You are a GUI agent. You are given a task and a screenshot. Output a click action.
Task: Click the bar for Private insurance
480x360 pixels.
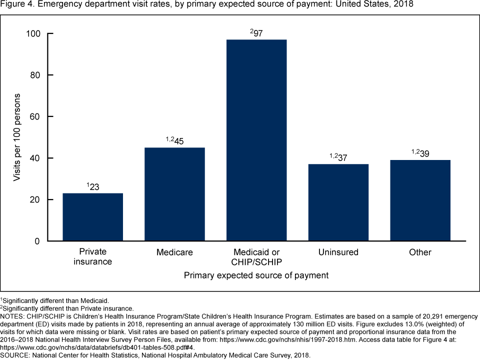92,217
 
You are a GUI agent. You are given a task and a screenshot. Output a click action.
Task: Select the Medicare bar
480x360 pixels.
174,194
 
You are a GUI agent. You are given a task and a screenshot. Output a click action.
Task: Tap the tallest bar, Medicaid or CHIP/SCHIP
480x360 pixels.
256,140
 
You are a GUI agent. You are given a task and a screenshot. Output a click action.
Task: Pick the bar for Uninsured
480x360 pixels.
338,202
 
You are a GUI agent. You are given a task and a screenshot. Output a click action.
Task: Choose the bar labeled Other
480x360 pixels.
420,200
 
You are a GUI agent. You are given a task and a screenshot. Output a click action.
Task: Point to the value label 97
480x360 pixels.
258,33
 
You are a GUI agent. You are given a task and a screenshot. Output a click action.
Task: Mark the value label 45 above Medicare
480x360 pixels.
178,141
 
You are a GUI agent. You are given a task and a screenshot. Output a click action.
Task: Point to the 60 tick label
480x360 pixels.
35,116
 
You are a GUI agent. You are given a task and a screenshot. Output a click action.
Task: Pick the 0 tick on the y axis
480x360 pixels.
37,241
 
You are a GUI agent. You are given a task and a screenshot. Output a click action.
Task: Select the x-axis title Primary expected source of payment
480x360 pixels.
256,275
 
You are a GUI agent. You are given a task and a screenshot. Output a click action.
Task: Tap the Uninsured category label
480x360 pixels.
338,252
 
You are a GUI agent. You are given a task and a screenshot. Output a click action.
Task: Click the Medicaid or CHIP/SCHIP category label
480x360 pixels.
256,256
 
